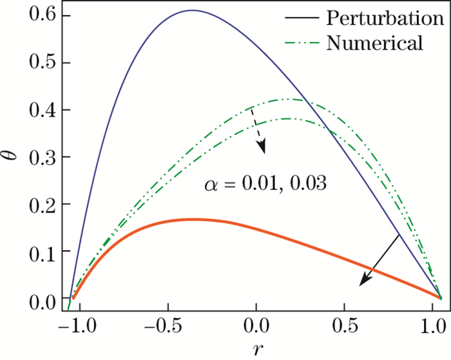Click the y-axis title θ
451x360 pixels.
coord(15,156)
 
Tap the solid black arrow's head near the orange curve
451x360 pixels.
coord(363,282)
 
